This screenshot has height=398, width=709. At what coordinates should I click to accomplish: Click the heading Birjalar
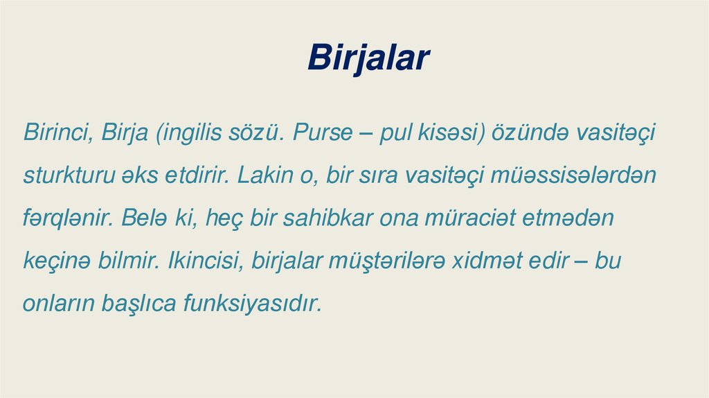(368, 58)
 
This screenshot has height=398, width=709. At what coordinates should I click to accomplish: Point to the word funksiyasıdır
(253, 304)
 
